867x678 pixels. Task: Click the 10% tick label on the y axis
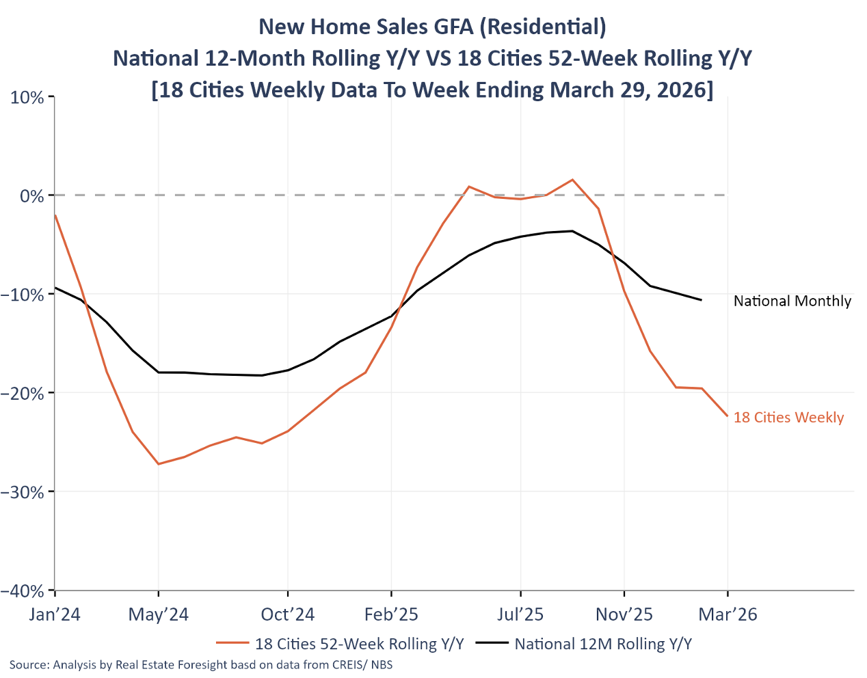pos(27,97)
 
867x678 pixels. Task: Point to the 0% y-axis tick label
pos(32,196)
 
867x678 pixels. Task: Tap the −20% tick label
pos(23,393)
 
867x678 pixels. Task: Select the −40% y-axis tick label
pos(23,591)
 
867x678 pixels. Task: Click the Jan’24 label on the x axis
pos(55,614)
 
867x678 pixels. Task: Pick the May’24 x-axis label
pos(158,614)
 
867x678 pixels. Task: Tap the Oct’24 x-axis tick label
pos(288,614)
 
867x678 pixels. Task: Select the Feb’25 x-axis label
pos(391,614)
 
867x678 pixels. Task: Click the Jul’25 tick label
pos(520,614)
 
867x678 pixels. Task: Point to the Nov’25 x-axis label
pos(624,614)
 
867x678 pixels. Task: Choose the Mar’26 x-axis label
pos(728,614)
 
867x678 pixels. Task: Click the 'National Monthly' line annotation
pos(792,301)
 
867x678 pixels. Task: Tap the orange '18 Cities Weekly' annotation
pos(788,418)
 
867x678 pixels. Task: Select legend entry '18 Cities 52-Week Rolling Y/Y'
pos(359,644)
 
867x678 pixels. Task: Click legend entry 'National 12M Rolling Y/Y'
pos(603,644)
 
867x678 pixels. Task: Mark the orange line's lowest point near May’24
pos(159,464)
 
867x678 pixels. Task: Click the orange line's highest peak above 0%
pos(572,180)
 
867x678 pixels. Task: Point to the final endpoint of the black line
pos(701,299)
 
